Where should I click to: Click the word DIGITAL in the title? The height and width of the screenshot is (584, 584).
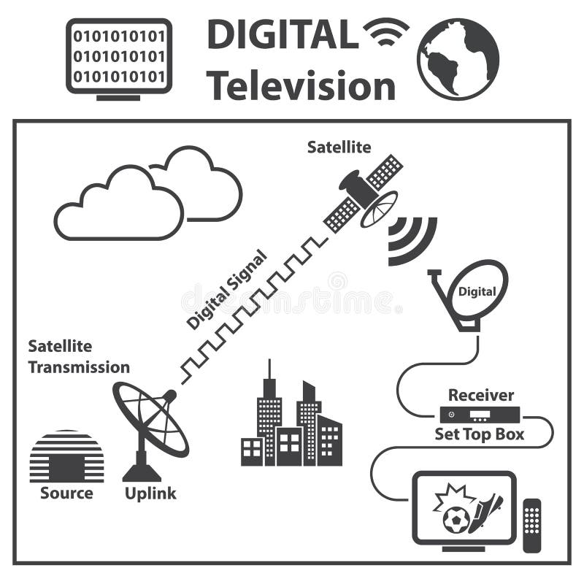283,35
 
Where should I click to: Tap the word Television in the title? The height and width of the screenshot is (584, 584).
301,86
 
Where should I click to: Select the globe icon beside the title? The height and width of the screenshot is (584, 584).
458,58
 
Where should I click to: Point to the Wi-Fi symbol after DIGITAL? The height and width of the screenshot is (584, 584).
386,31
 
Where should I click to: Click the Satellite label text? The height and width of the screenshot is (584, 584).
339,147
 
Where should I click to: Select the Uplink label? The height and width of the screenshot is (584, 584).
150,493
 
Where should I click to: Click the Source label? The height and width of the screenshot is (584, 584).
66,493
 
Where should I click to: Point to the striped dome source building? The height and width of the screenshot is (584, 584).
66,456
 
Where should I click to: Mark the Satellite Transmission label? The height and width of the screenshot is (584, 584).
79,356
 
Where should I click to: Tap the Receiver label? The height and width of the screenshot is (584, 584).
481,396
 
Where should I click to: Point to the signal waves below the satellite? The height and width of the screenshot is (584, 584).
410,239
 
